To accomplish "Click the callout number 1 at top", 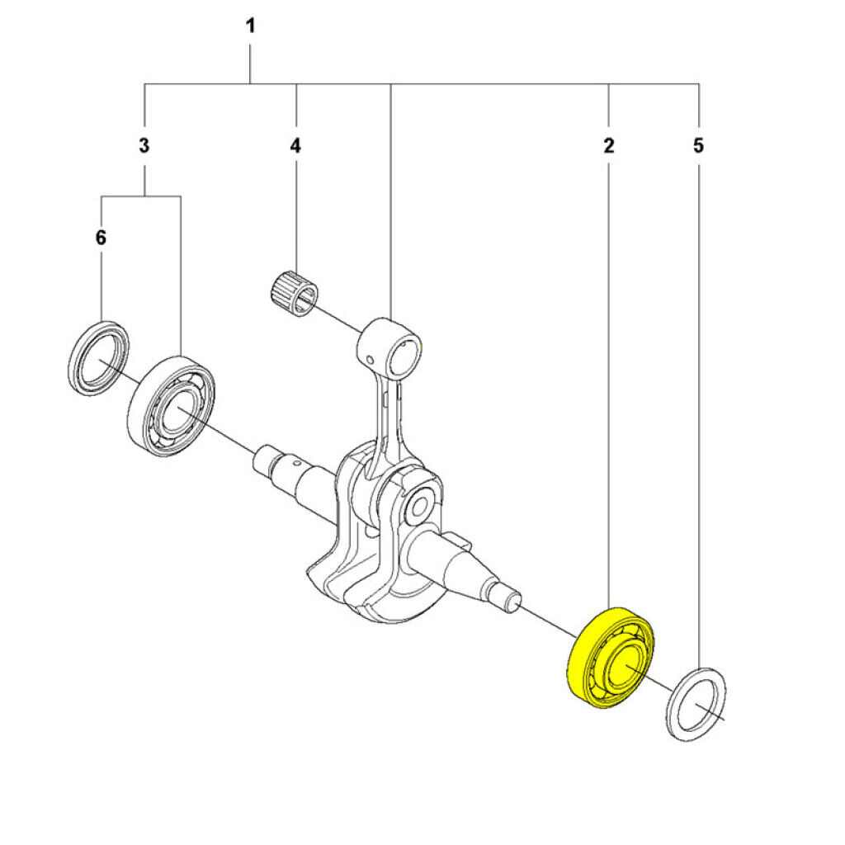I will [x=250, y=26].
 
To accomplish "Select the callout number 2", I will [x=608, y=146].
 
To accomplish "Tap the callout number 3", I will [x=144, y=146].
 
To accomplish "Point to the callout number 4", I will [x=295, y=146].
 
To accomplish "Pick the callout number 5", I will [x=698, y=146].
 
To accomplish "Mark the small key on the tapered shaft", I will [x=462, y=541].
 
